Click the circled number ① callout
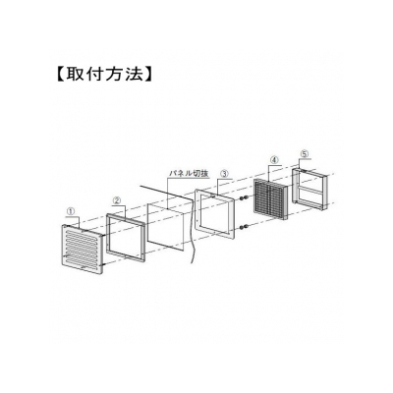point(70,211)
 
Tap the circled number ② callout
point(117,200)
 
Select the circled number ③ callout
point(224,174)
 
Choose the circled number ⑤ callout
point(305,154)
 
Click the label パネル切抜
point(189,174)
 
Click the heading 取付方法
point(104,75)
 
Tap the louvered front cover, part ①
point(83,249)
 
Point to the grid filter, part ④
point(269,199)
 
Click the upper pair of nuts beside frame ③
point(243,198)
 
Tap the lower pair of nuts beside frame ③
point(243,227)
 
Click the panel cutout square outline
point(147,223)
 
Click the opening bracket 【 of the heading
point(59,75)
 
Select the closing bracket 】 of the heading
point(149,75)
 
